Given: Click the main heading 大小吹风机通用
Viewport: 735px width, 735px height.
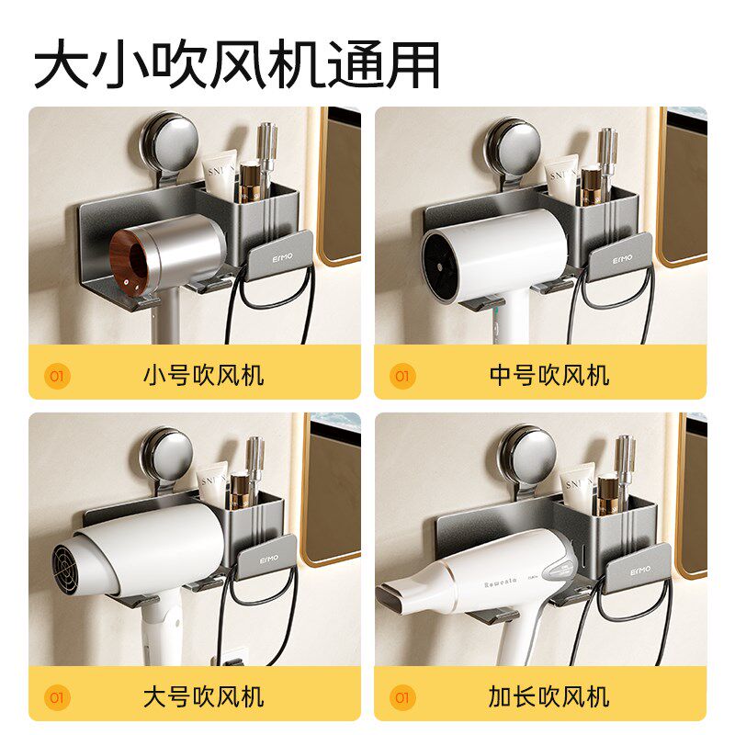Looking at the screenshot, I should [237, 64].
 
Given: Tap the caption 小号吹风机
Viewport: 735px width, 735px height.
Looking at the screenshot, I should [203, 375].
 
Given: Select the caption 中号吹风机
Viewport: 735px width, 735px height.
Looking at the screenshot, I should [549, 375].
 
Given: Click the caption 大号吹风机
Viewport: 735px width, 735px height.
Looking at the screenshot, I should [203, 695].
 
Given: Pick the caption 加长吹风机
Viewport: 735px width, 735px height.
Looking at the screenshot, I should [549, 695].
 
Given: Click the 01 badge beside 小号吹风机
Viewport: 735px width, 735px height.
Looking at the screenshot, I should [57, 375].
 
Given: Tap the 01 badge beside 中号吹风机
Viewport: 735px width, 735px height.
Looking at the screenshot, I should [402, 375].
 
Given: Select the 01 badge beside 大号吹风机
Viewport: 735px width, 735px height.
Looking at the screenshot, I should [57, 696].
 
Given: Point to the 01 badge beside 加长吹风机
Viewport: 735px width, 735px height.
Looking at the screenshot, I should [402, 696].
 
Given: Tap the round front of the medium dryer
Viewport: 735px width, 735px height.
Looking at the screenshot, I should [445, 256].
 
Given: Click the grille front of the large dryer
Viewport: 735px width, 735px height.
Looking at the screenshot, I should [71, 569].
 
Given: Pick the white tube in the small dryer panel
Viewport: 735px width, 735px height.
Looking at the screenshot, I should [219, 171].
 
